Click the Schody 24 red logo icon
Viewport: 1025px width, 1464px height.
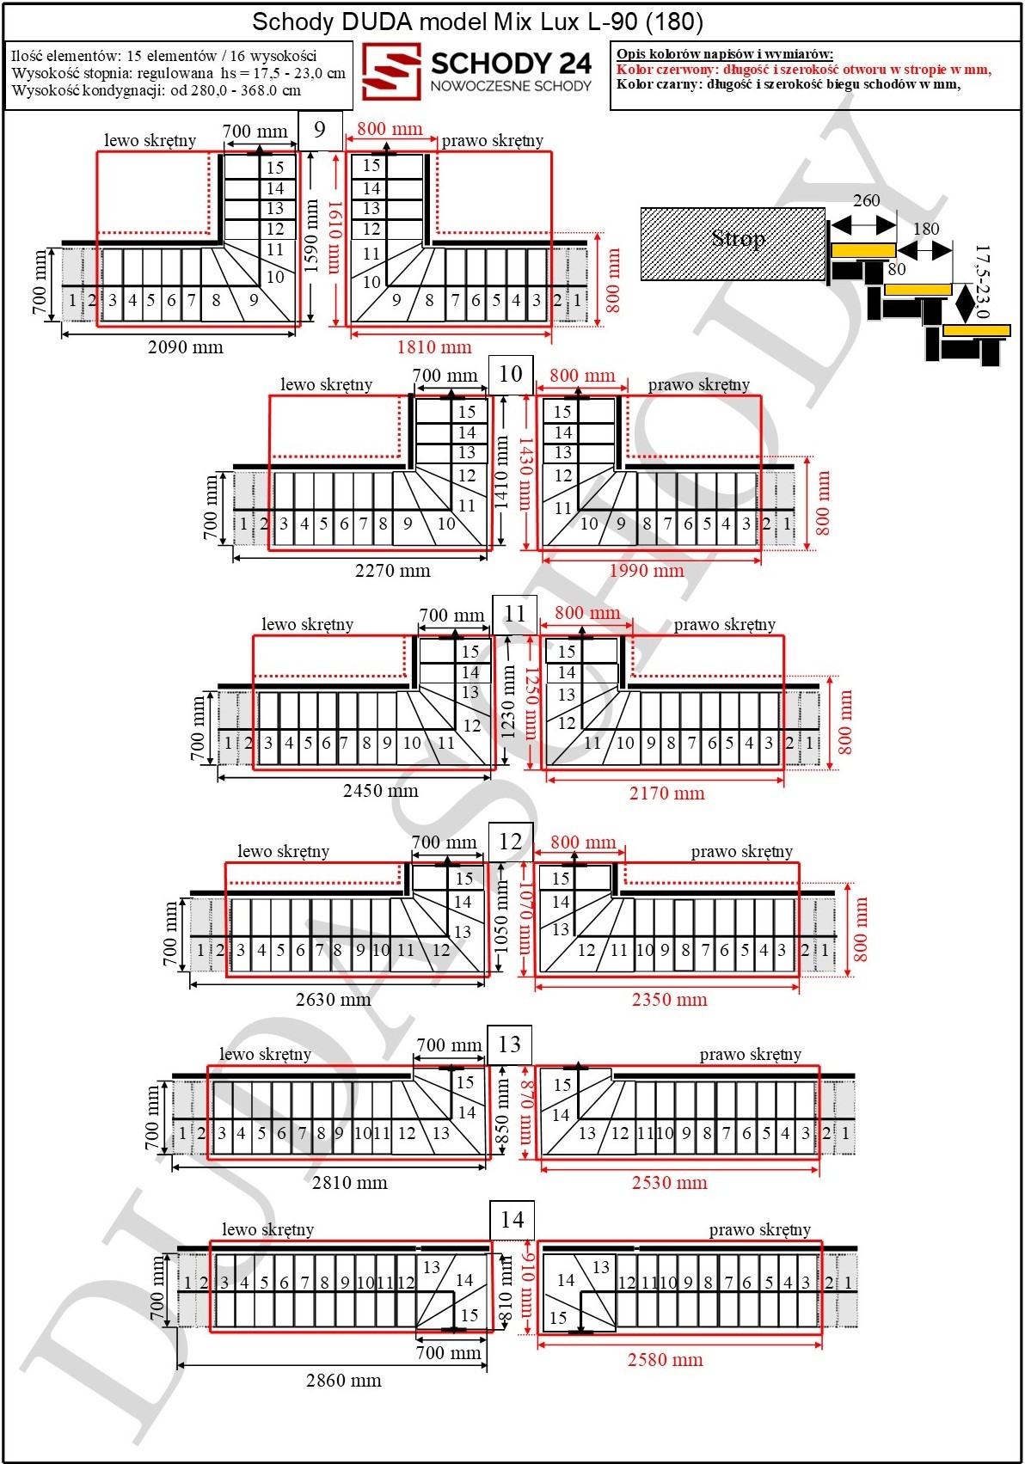(x=391, y=71)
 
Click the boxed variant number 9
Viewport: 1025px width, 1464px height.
(x=320, y=130)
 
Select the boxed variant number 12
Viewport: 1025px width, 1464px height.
(x=511, y=841)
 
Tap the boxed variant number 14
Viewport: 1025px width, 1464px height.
(x=512, y=1220)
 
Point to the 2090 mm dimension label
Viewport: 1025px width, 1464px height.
(x=186, y=347)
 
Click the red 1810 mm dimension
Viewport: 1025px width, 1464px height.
(x=434, y=347)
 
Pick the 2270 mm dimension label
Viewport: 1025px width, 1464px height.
(x=392, y=571)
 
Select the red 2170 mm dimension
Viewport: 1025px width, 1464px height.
(x=666, y=793)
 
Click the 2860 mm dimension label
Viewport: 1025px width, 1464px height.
(x=343, y=1381)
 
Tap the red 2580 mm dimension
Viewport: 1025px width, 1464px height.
(x=666, y=1359)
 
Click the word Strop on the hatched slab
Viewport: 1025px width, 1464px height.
(x=738, y=238)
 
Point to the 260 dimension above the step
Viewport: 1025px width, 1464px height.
(x=866, y=200)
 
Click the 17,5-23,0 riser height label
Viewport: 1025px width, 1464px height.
(x=981, y=281)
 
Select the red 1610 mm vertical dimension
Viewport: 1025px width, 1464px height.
(x=334, y=236)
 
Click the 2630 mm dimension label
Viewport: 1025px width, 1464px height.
(x=334, y=999)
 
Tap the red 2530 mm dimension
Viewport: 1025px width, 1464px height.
(x=669, y=1182)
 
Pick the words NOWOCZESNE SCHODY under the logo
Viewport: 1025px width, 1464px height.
(x=511, y=86)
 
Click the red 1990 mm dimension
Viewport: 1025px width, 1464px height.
(x=647, y=571)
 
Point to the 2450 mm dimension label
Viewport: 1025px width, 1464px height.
(x=380, y=791)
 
